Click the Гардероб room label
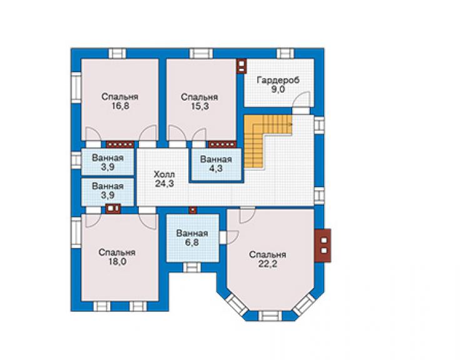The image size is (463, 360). click(278, 80)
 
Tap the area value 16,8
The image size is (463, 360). click(120, 106)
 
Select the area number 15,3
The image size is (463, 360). click(200, 106)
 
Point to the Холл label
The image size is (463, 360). click(164, 174)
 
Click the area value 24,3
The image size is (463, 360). click(165, 183)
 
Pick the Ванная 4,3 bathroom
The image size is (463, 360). click(216, 164)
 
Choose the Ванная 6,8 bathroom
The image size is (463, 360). click(193, 238)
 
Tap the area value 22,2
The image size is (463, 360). click(268, 264)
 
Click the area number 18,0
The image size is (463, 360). click(117, 262)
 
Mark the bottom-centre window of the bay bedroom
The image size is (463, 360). click(270, 316)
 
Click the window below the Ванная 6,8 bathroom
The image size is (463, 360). click(192, 267)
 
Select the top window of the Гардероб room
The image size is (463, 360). click(285, 53)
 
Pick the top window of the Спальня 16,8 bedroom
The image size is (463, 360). click(117, 53)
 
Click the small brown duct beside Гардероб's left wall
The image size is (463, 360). click(242, 66)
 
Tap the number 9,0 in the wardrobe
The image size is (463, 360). click(278, 89)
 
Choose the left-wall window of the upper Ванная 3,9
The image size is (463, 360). click(76, 160)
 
